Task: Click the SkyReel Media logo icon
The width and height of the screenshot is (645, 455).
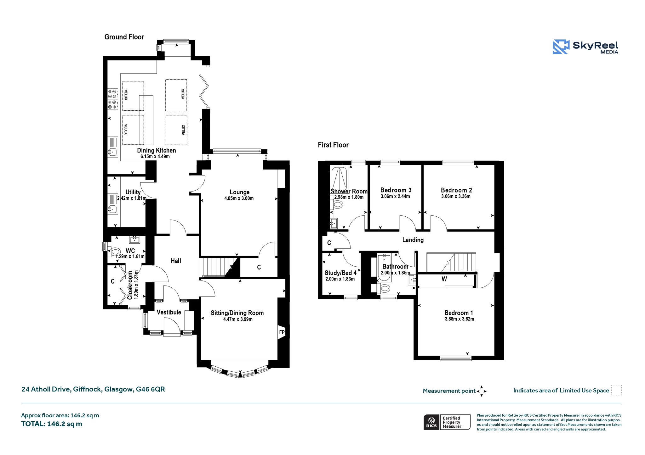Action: (x=561, y=47)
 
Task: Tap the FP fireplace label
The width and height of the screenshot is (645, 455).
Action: (x=282, y=332)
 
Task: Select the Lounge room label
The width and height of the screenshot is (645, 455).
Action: (x=239, y=192)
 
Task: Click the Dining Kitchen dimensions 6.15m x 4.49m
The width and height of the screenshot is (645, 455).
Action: (x=155, y=157)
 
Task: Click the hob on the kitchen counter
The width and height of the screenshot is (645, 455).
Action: (x=113, y=99)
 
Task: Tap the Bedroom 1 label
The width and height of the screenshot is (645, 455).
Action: (x=459, y=313)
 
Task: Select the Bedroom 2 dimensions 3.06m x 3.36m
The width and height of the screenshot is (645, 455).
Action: (x=456, y=197)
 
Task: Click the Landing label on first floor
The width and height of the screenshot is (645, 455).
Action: (x=413, y=240)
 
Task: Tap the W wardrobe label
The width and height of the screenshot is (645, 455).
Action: (x=444, y=279)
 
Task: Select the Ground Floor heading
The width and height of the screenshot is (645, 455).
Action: (x=124, y=37)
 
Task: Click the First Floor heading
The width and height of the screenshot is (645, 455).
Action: (x=333, y=145)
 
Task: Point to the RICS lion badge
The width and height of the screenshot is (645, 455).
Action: (x=431, y=422)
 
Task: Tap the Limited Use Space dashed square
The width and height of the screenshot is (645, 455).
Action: (x=616, y=390)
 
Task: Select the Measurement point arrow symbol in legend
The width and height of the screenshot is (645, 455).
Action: (x=482, y=391)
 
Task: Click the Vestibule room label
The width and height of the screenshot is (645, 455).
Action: (x=169, y=312)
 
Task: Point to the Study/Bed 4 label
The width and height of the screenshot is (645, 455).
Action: (x=340, y=273)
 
